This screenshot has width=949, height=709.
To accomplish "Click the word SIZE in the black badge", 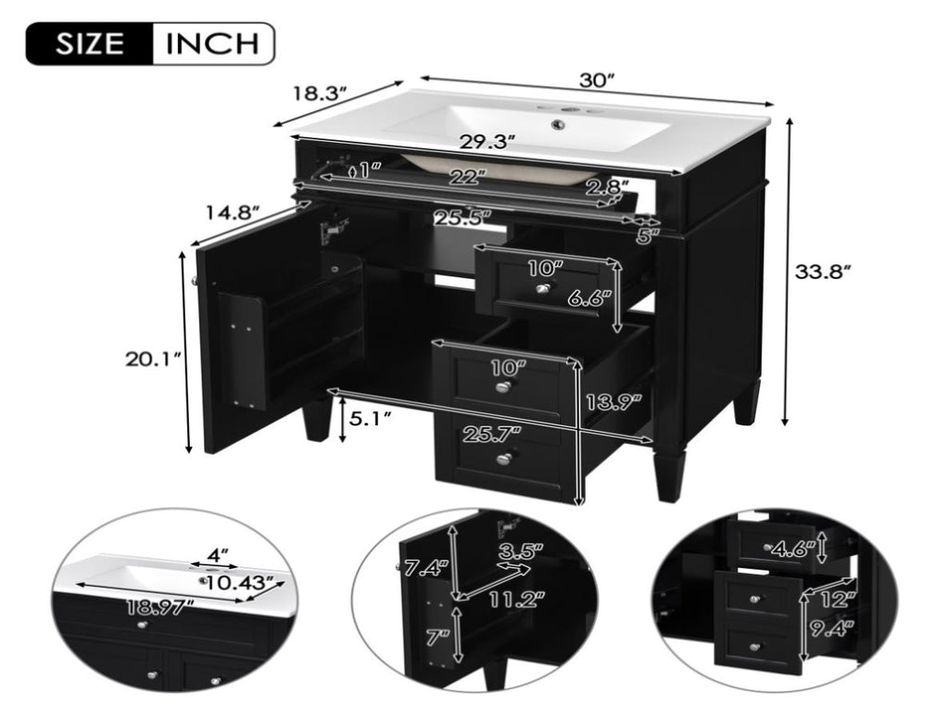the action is pos(90,44).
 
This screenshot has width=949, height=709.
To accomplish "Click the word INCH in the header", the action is pos(212,44).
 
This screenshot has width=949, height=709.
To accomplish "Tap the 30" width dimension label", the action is pos(597,80).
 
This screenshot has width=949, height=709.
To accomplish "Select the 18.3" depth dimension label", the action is pos(321,94).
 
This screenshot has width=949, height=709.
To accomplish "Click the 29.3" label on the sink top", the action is pos(487,142).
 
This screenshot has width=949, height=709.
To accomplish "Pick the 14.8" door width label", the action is pos(233,212).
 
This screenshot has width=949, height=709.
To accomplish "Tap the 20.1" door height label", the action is pos(153,359).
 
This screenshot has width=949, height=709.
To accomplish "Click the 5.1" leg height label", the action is pos(369,418).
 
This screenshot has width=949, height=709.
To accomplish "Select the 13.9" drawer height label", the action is pos(614,402).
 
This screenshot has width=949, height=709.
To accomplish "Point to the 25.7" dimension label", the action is pos(492,434).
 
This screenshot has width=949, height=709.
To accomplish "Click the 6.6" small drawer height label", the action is pos(586,298).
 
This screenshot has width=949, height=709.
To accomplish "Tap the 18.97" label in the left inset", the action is pos(160,607).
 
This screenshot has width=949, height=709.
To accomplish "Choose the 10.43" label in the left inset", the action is pos(245,584).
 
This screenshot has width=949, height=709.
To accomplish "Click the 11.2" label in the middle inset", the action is pos(516,600).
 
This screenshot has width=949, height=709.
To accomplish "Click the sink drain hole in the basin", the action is pos(557,125).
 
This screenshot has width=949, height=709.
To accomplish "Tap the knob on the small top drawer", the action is pos(543,289).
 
